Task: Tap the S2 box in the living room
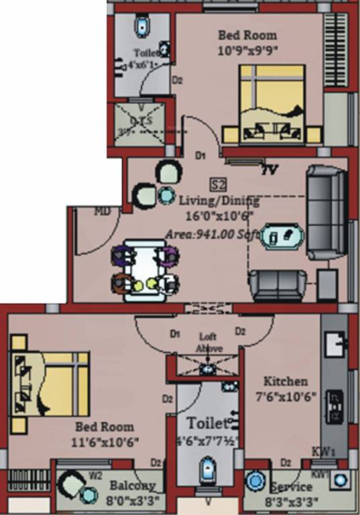click(217, 184)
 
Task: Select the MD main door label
click(102, 211)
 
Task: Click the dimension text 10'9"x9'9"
click(247, 50)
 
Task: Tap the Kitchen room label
click(285, 381)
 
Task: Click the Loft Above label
click(209, 343)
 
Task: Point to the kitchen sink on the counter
click(333, 345)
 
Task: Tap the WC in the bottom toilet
click(208, 468)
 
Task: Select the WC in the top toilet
click(142, 27)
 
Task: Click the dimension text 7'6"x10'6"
click(285, 396)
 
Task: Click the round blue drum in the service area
click(255, 483)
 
